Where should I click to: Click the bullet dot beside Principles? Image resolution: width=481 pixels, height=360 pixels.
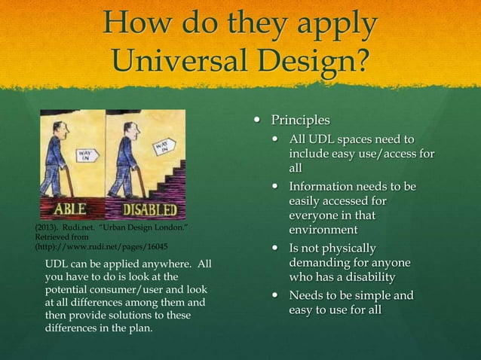(x=258, y=121)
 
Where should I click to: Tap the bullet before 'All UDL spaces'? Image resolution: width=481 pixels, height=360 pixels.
(x=276, y=139)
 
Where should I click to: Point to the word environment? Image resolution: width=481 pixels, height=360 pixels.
(x=323, y=230)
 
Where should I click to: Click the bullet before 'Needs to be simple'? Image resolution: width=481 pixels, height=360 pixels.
(x=276, y=295)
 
